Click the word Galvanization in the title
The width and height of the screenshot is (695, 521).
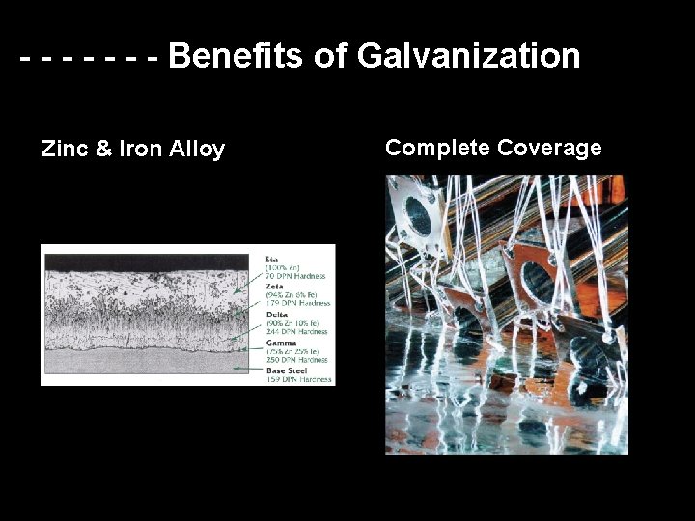click(x=468, y=56)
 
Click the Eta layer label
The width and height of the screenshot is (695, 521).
click(x=272, y=259)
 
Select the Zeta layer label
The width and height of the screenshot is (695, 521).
click(x=275, y=287)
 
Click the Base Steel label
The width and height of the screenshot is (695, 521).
click(x=288, y=370)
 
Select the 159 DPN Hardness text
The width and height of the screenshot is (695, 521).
click(x=299, y=379)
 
